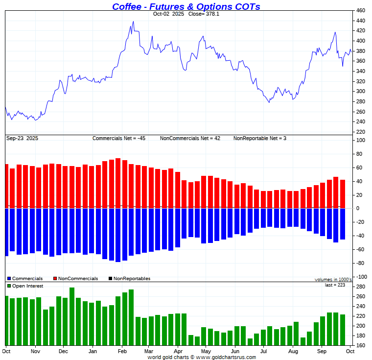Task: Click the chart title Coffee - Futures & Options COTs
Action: coord(186,6)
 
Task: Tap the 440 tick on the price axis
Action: coord(361,21)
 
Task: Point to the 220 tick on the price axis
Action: coord(361,132)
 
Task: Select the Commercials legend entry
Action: coord(27,279)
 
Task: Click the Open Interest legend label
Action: coord(27,286)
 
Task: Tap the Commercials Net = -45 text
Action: coord(119,139)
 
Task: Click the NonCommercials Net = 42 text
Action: coord(190,139)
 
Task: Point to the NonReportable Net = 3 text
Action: coord(259,139)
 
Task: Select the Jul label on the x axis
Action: coord(264,351)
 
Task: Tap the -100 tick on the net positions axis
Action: coord(360,277)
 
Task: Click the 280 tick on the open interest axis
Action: coord(361,287)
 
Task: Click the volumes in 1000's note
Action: coord(333,280)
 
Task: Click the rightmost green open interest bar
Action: coord(342,330)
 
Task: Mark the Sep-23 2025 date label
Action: coord(23,139)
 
